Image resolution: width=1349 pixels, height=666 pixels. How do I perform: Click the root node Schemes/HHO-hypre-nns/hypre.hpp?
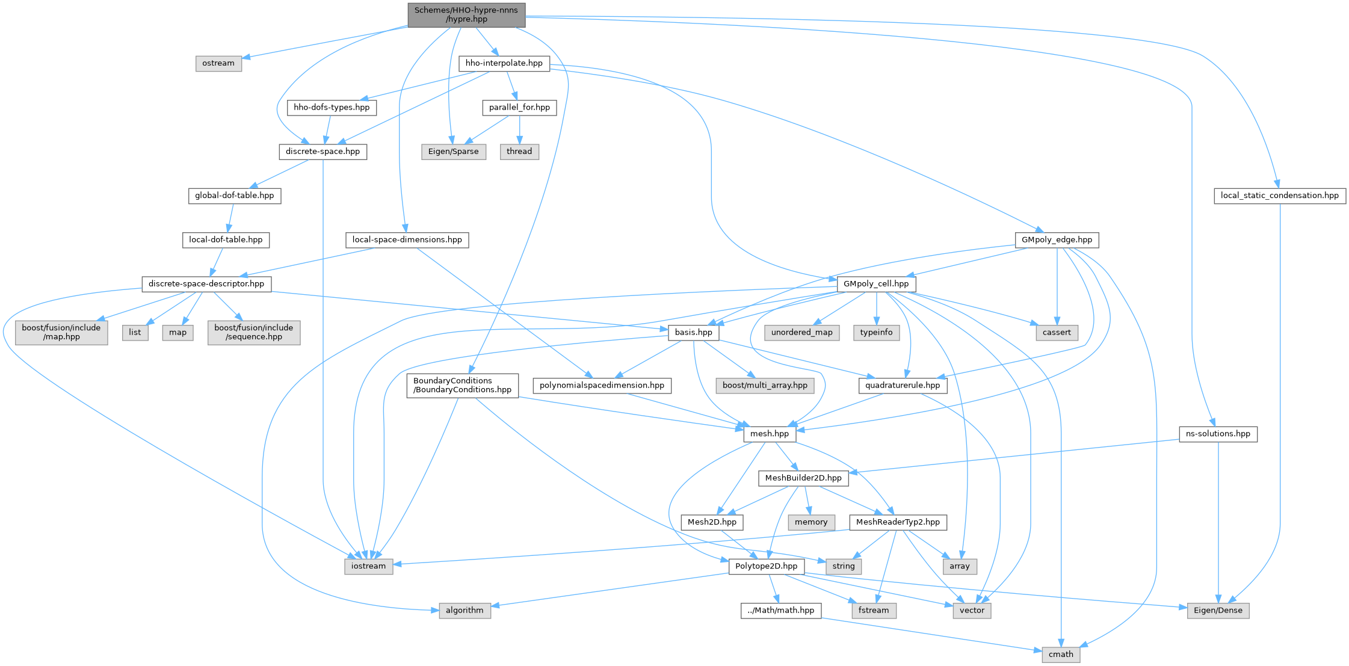pos(466,15)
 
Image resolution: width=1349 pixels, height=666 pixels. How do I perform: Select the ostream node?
pos(218,63)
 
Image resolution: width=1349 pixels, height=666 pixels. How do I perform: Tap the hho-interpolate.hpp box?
pos(504,63)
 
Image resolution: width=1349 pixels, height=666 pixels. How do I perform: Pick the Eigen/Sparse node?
pos(454,152)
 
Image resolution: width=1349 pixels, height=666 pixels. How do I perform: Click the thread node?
pos(519,152)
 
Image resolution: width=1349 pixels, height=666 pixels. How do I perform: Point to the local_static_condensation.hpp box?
pos(1280,196)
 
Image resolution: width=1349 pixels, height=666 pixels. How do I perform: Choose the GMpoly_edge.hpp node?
pos(1057,239)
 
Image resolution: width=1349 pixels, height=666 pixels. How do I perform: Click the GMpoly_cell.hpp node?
pos(876,284)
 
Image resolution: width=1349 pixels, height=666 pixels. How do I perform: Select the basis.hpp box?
pos(694,332)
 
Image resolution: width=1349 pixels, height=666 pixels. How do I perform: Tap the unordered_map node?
pos(802,332)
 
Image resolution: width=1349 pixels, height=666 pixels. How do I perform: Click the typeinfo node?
pos(877,332)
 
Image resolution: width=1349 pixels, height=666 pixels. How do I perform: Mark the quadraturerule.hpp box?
pos(903,385)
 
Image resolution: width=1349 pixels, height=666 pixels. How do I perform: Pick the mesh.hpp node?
pos(770,434)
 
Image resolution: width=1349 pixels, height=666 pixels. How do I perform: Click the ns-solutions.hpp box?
pos(1218,434)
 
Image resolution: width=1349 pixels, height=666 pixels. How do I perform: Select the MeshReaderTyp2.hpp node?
pos(898,522)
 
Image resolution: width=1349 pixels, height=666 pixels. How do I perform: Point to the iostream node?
pos(369,566)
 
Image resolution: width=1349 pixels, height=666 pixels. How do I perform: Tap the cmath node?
pos(1061,655)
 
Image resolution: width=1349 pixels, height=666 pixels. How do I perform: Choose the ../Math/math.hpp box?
pos(781,611)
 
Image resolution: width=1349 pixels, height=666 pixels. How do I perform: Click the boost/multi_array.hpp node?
pos(765,385)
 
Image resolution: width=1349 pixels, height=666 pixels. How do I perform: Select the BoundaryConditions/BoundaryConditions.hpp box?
pos(462,385)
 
